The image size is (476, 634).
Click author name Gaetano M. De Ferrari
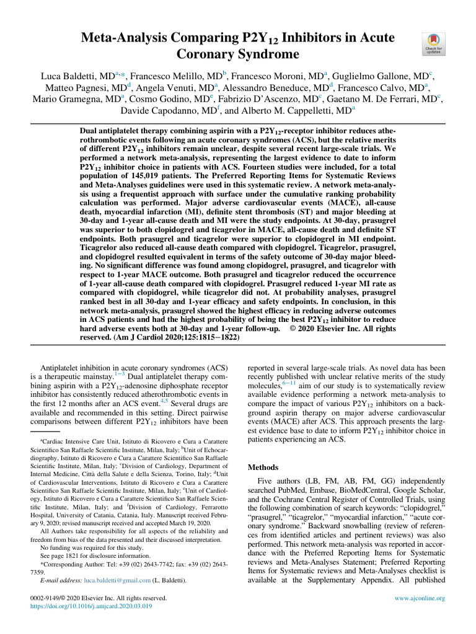[394, 100]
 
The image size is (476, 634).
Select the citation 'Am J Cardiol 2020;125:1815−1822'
[156, 339]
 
